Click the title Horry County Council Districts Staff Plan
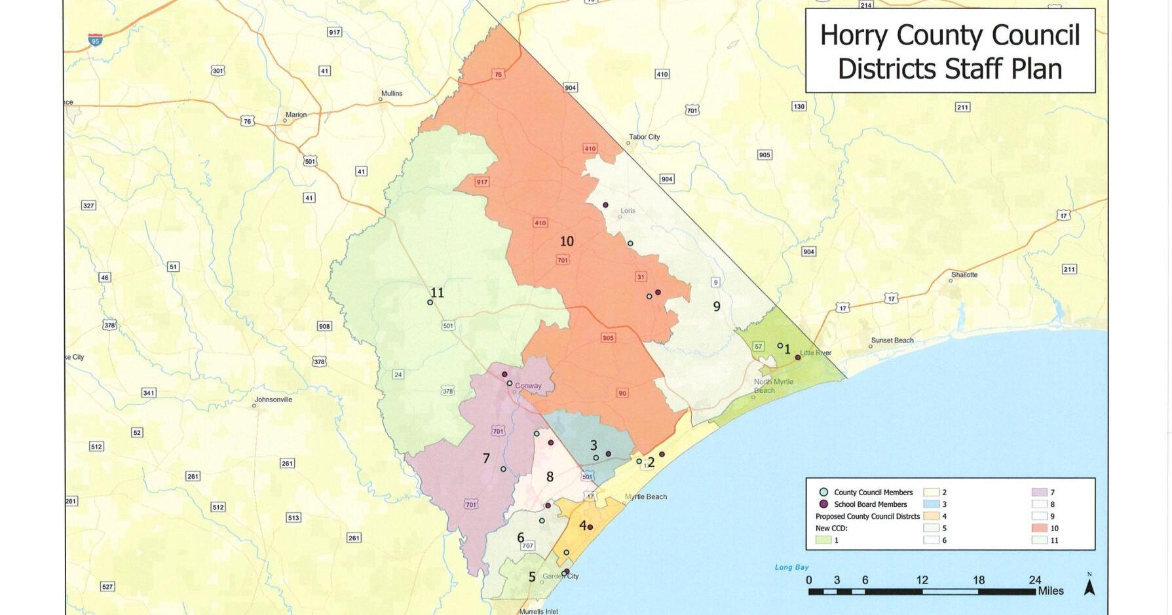pos(949,51)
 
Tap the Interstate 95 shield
pos(96,40)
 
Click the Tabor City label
pos(644,137)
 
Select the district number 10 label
pos(567,242)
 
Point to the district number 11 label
pos(437,293)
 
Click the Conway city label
pos(528,386)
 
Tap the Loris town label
pos(628,211)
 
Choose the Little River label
pos(816,353)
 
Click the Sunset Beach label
pos(892,341)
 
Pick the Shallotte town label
pos(964,275)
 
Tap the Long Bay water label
pos(791,567)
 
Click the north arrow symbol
pos(1089,586)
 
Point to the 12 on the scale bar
pos(922,580)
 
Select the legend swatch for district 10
pos(1039,528)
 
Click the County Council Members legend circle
pos(823,493)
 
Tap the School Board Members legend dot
pos(823,504)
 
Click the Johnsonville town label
pos(273,400)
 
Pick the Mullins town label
pos(392,94)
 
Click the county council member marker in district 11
pos(430,303)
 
